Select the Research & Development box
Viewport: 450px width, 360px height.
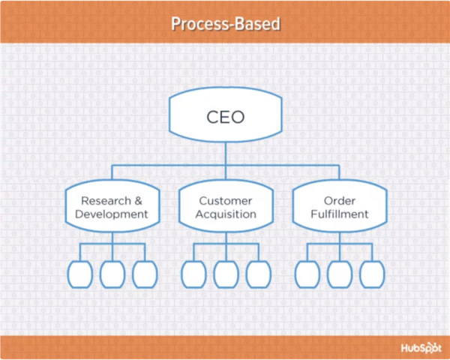click(113, 207)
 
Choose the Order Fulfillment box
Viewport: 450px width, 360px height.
click(340, 207)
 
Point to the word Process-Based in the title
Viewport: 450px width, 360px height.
click(225, 24)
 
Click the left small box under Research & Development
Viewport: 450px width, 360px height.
click(79, 274)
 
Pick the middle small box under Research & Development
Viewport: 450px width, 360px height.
click(112, 274)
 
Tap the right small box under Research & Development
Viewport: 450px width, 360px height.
click(145, 274)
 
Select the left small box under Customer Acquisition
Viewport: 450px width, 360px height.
click(193, 274)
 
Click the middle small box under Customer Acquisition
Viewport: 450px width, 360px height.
click(226, 274)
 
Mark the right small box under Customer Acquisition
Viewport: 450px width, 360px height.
click(259, 274)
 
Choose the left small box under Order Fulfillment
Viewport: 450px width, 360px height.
click(307, 274)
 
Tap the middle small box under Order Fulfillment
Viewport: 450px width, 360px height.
click(340, 274)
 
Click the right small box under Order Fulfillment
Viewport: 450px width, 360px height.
click(372, 274)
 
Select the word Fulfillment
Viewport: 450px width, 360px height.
click(340, 214)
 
